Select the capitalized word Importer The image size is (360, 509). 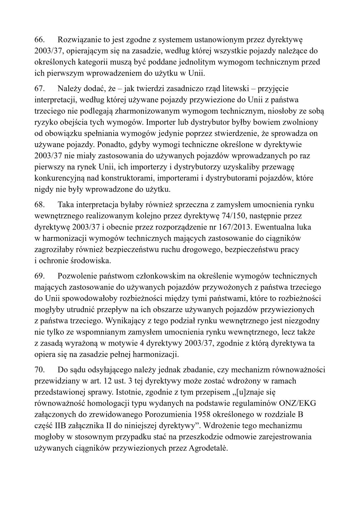tap(160, 122)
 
